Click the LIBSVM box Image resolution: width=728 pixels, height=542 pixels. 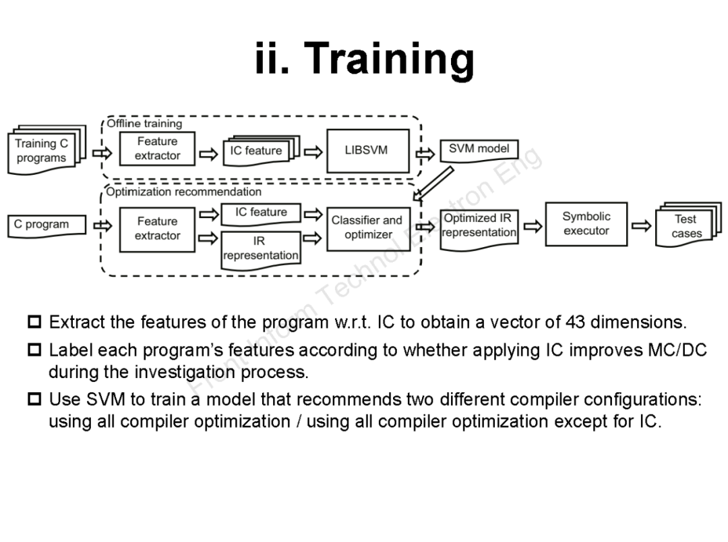pyautogui.click(x=367, y=151)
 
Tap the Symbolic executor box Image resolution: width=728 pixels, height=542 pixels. pyautogui.click(x=586, y=224)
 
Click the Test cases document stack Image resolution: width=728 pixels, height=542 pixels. pyautogui.click(x=686, y=226)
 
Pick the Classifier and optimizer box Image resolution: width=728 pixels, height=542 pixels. pyautogui.click(x=368, y=228)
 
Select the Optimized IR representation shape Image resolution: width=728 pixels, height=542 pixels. pyautogui.click(x=479, y=227)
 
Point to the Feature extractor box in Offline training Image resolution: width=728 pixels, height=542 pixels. pyautogui.click(x=157, y=149)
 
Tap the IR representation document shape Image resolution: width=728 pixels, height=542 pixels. pyautogui.click(x=260, y=248)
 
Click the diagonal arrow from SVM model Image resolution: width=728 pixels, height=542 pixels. pyautogui.click(x=433, y=184)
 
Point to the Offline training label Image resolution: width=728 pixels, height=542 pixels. pyautogui.click(x=144, y=124)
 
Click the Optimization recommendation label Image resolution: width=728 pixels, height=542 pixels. pyautogui.click(x=183, y=192)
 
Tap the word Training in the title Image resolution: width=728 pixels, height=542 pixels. pyautogui.click(x=391, y=59)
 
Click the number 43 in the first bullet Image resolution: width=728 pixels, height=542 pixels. pyautogui.click(x=575, y=322)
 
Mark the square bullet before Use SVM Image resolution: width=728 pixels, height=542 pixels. pyautogui.click(x=34, y=400)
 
